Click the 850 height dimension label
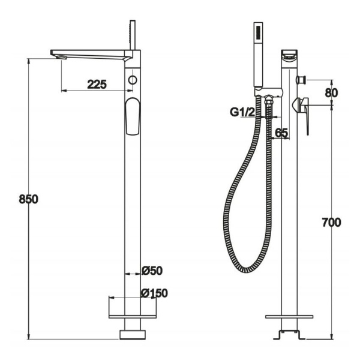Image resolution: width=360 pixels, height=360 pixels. tap(28, 199)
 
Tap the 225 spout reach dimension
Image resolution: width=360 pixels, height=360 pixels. tap(97, 85)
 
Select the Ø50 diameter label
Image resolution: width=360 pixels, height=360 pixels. tap(152, 271)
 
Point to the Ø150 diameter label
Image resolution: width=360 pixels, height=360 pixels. tap(155, 293)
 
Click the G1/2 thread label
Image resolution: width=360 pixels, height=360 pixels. tap(242, 112)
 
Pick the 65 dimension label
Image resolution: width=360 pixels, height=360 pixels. tap(281, 133)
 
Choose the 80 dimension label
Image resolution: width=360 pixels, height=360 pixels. tap(332, 93)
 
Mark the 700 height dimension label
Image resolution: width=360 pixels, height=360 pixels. tap(331, 223)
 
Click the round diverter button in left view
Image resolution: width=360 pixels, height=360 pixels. tap(133, 80)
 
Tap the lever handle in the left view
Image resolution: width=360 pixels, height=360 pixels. tap(133, 116)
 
